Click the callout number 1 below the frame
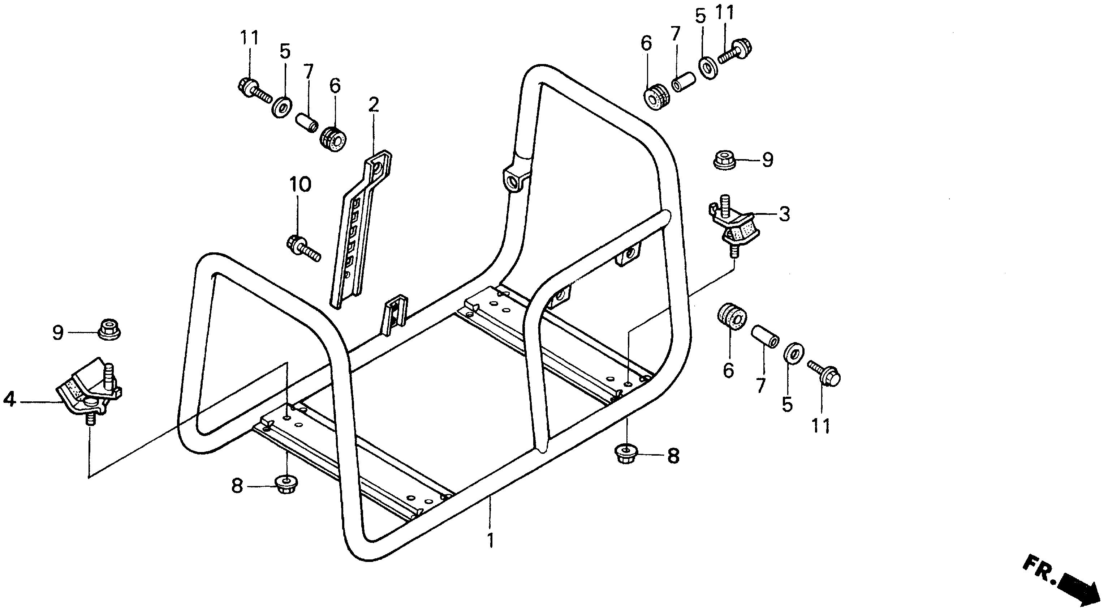click(x=490, y=540)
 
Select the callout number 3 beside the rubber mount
click(x=785, y=214)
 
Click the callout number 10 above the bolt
click(x=300, y=185)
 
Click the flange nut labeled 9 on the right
click(x=725, y=160)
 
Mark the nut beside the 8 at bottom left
click(x=285, y=486)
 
